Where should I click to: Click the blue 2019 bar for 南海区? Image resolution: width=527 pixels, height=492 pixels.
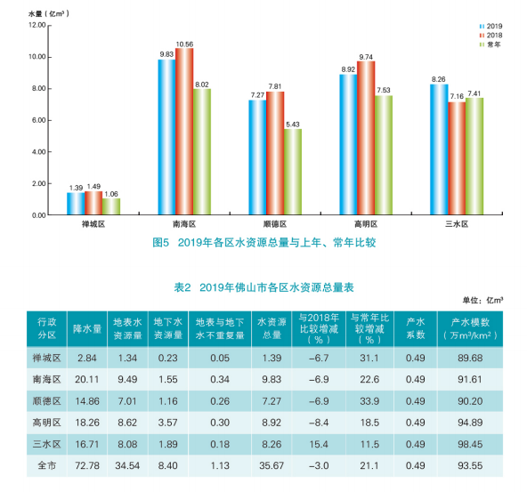(166, 137)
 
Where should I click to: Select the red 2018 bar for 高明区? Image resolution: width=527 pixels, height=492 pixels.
(366, 138)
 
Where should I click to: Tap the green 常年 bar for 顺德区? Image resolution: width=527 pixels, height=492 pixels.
(293, 172)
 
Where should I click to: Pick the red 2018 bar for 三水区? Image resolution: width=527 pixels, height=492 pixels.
(457, 158)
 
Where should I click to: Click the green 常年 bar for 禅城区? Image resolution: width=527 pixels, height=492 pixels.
(111, 206)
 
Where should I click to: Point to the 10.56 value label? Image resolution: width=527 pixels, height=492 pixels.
(184, 44)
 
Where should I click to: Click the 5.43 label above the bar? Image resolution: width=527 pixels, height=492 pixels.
(293, 125)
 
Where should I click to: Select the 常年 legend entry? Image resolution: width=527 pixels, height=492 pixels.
(491, 44)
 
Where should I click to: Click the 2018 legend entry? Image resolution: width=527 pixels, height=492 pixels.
(491, 36)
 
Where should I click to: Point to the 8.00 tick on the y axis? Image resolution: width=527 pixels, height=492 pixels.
(39, 89)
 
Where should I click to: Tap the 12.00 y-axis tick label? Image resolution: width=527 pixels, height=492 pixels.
(37, 25)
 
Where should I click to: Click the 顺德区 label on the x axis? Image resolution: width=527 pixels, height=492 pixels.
(275, 224)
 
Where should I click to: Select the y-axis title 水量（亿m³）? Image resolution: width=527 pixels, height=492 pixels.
(49, 13)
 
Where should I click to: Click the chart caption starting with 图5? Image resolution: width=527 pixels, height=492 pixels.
(264, 243)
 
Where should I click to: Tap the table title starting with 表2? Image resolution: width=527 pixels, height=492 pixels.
(263, 287)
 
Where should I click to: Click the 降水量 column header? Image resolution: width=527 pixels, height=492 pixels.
(87, 329)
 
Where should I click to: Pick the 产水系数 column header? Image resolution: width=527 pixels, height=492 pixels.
(416, 328)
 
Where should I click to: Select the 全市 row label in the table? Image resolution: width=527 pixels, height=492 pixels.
(46, 466)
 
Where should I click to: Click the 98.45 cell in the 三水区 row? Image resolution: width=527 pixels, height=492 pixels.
(470, 444)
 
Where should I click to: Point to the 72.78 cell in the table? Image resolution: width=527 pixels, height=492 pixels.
(87, 466)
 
